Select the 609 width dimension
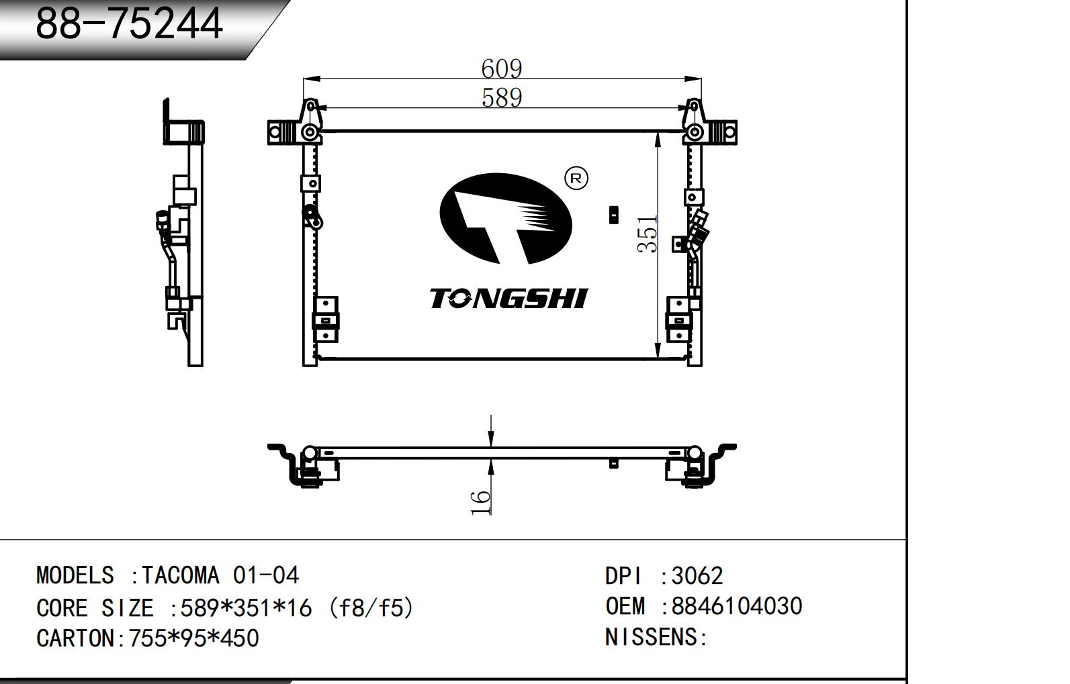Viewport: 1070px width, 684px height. click(x=501, y=68)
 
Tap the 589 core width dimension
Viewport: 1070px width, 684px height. click(x=502, y=98)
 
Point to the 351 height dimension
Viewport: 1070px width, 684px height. click(x=648, y=234)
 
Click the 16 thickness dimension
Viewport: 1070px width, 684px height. click(x=481, y=502)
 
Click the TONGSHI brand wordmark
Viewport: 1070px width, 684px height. click(x=508, y=299)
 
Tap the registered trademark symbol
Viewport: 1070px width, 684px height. click(x=576, y=179)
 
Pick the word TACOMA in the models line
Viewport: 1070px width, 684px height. click(x=180, y=575)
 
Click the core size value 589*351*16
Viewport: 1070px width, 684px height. click(x=246, y=608)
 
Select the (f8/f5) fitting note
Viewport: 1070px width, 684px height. click(x=367, y=608)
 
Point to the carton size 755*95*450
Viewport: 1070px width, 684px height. click(x=193, y=638)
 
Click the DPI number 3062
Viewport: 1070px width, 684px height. click(x=697, y=575)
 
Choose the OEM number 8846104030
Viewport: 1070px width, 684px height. click(x=737, y=606)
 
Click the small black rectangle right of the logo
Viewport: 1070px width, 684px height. click(x=613, y=215)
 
